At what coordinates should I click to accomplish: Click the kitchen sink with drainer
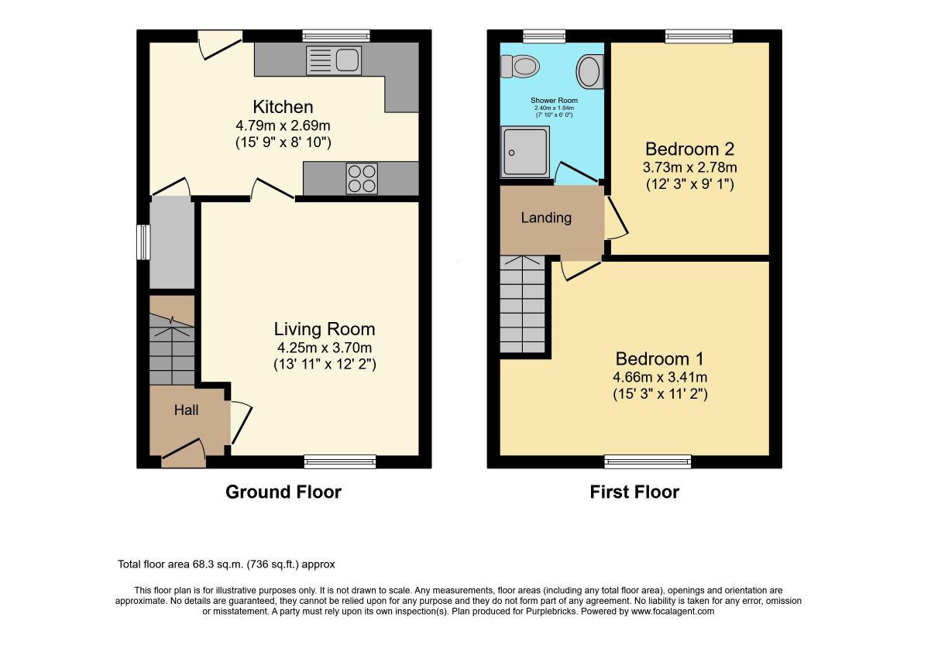click(x=334, y=60)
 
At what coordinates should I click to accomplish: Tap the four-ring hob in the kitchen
click(x=362, y=178)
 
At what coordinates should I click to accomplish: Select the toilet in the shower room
click(x=520, y=66)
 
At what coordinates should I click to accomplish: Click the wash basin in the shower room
click(x=589, y=72)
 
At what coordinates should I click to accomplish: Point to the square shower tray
click(x=525, y=152)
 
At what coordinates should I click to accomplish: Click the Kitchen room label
click(x=283, y=107)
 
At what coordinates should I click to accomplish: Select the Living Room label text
click(x=325, y=329)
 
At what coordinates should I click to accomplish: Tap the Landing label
click(x=546, y=218)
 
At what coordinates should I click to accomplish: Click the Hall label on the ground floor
click(x=187, y=410)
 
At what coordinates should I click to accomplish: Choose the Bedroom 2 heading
click(x=689, y=149)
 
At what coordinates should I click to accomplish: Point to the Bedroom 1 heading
click(x=659, y=358)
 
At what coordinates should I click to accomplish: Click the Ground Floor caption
click(x=283, y=492)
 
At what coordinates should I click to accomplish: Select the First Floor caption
click(x=634, y=492)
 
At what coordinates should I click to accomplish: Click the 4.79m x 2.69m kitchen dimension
click(x=283, y=125)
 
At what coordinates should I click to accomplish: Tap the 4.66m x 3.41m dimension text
click(x=660, y=377)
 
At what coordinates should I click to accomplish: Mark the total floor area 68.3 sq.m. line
click(x=226, y=564)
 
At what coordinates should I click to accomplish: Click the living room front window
click(x=340, y=461)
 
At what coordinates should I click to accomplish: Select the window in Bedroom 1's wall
click(x=648, y=461)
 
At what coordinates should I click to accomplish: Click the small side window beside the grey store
click(x=143, y=242)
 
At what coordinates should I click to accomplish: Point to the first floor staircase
click(x=523, y=304)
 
